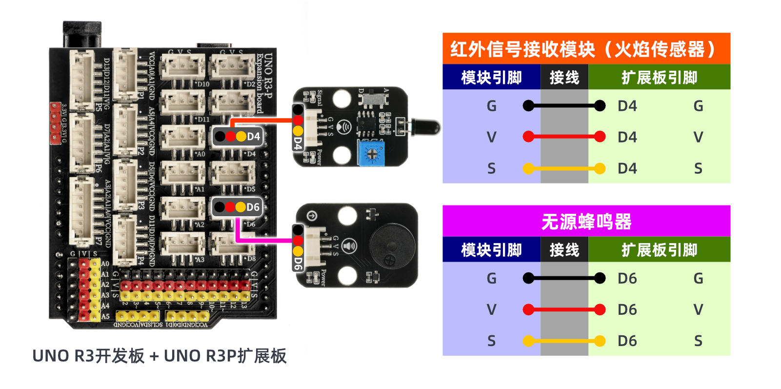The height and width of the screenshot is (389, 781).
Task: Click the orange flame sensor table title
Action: (x=586, y=49)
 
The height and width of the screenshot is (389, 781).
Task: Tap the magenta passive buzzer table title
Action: (x=586, y=222)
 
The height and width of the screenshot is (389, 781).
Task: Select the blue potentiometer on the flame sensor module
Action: (x=371, y=153)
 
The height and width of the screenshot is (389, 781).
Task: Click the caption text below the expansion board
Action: (x=159, y=356)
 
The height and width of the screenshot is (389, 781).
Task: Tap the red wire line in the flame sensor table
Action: (x=564, y=137)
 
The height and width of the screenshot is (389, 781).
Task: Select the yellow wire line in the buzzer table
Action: (x=564, y=341)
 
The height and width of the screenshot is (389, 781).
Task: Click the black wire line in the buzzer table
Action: (x=564, y=278)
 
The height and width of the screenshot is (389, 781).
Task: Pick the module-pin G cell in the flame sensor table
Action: (x=491, y=106)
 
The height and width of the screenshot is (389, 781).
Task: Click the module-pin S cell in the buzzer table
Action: (x=491, y=341)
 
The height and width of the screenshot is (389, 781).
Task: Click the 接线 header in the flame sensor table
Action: (x=564, y=78)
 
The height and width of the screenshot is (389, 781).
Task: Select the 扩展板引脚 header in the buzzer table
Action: (x=659, y=250)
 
